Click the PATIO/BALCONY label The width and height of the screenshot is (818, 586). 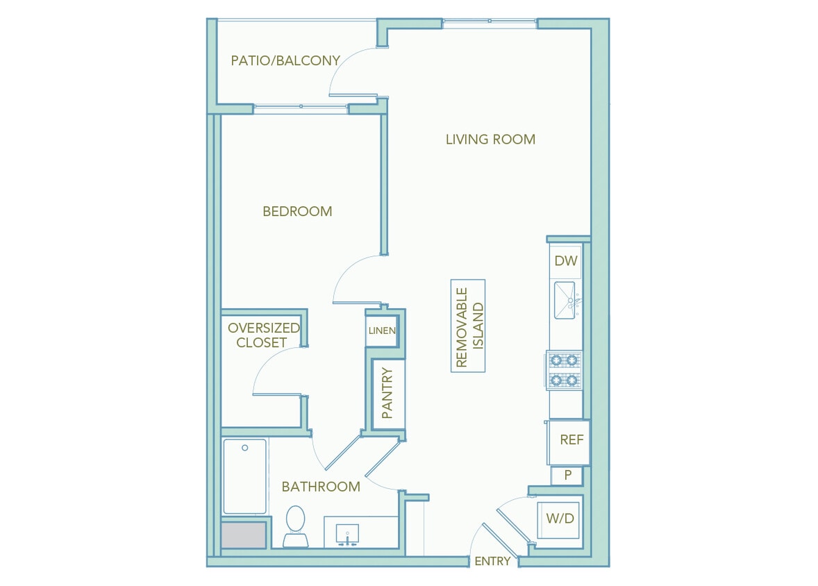pyautogui.click(x=285, y=60)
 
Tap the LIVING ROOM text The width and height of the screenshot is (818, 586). pyautogui.click(x=490, y=140)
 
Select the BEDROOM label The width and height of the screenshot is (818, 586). pyautogui.click(x=297, y=211)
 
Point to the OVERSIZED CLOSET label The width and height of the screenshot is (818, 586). pyautogui.click(x=263, y=335)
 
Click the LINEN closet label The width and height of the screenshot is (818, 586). pyautogui.click(x=381, y=330)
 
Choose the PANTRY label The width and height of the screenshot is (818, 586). pyautogui.click(x=387, y=393)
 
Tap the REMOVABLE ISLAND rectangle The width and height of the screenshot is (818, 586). pyautogui.click(x=468, y=326)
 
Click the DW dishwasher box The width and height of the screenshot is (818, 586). pyautogui.click(x=566, y=262)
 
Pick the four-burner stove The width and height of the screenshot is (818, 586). pyautogui.click(x=564, y=370)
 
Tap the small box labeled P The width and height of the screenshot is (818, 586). pyautogui.click(x=567, y=476)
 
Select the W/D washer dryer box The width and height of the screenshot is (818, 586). pyautogui.click(x=560, y=519)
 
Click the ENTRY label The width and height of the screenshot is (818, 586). pyautogui.click(x=492, y=561)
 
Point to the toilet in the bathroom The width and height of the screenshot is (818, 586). pyautogui.click(x=296, y=526)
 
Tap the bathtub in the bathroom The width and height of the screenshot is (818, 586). pyautogui.click(x=244, y=476)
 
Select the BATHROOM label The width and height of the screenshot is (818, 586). pyautogui.click(x=321, y=487)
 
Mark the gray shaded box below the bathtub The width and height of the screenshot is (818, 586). pyautogui.click(x=244, y=535)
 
